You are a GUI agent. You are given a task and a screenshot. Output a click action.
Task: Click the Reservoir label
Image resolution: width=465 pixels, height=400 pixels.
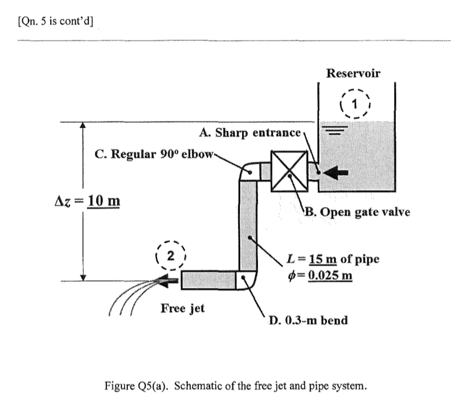(x=353, y=73)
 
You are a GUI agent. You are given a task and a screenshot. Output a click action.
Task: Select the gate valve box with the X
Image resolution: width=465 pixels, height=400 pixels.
(x=288, y=172)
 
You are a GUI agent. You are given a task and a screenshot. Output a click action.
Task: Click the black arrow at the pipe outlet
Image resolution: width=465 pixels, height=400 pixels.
(x=167, y=279)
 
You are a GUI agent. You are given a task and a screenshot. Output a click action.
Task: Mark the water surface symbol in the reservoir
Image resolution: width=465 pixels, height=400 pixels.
(x=335, y=130)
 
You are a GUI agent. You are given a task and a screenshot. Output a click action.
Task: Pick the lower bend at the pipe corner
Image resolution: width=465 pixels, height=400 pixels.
(x=247, y=279)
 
